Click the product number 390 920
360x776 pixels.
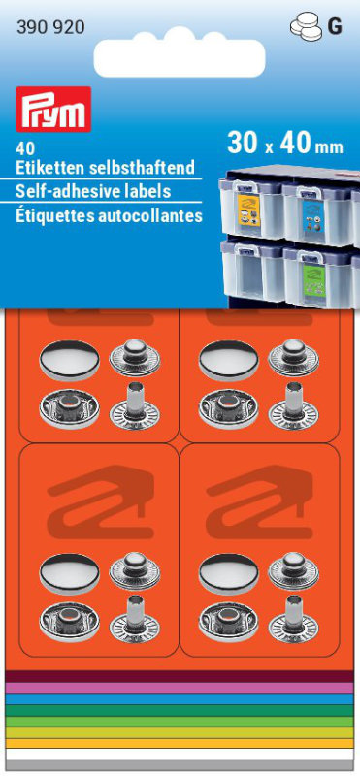[50, 28]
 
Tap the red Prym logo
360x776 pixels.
[53, 109]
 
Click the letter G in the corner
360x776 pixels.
[335, 27]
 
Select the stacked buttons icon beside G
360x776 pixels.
[306, 25]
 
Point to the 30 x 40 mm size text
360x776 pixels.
[284, 144]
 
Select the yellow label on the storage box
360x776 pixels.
[248, 210]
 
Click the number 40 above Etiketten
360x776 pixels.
[22, 148]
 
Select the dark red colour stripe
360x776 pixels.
[180, 676]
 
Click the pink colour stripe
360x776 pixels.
[180, 688]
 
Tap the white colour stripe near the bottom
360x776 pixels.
[180, 754]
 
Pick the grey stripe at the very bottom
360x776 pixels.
[180, 765]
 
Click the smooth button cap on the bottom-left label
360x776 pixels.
[69, 573]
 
